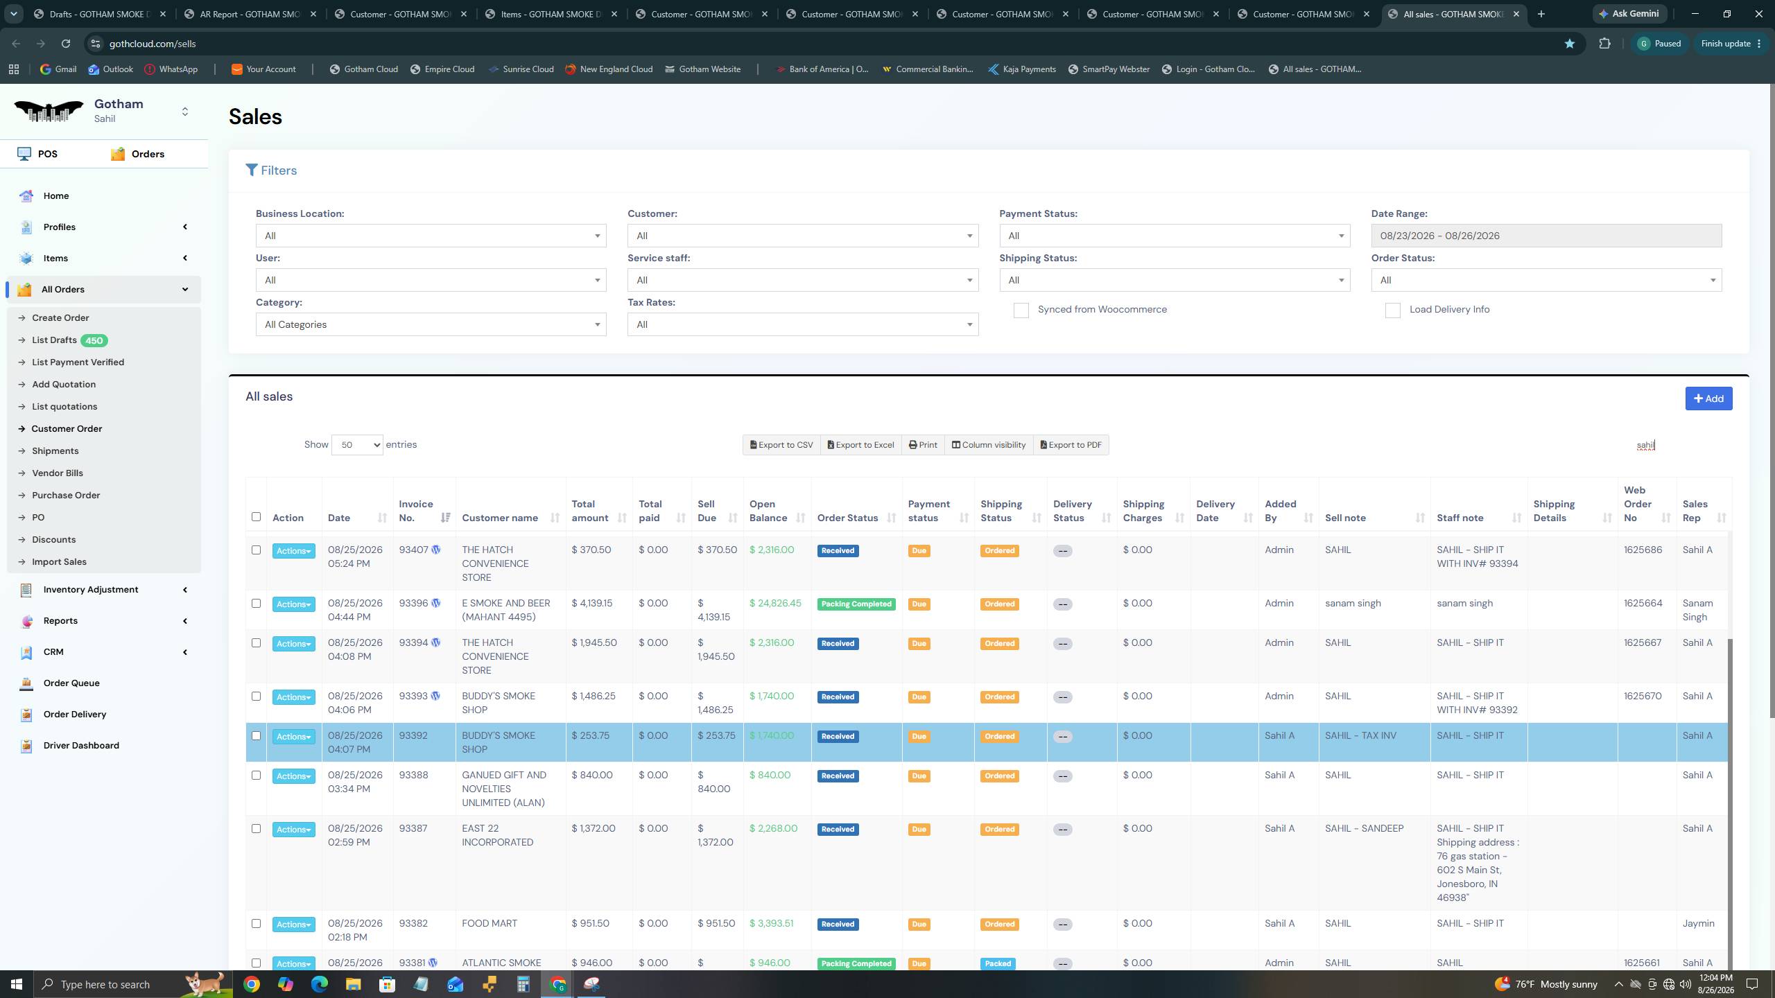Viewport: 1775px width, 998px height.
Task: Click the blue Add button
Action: pyautogui.click(x=1708, y=399)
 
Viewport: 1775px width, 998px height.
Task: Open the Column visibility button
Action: pyautogui.click(x=989, y=445)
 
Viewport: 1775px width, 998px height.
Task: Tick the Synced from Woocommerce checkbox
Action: pyautogui.click(x=1021, y=310)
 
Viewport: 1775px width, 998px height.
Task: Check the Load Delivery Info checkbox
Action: pyautogui.click(x=1392, y=310)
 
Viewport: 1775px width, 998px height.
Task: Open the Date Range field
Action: pyautogui.click(x=1546, y=236)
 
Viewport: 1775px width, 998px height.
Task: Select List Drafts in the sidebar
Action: pyautogui.click(x=54, y=340)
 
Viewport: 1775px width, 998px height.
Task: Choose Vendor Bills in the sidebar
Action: pyautogui.click(x=58, y=473)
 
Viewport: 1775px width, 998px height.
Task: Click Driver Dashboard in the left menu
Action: pyautogui.click(x=81, y=746)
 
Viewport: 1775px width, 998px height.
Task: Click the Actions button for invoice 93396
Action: pyautogui.click(x=293, y=604)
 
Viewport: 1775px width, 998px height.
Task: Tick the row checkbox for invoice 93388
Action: pyautogui.click(x=256, y=776)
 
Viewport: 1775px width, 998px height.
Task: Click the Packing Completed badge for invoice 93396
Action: pyautogui.click(x=856, y=604)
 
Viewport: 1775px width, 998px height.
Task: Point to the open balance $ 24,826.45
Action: pyautogui.click(x=775, y=604)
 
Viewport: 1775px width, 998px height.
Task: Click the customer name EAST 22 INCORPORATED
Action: pyautogui.click(x=497, y=836)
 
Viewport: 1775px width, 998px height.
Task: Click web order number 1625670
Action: pyautogui.click(x=1643, y=697)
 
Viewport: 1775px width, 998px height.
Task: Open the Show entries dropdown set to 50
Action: pyautogui.click(x=357, y=445)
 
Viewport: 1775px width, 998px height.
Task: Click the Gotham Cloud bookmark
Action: pyautogui.click(x=363, y=69)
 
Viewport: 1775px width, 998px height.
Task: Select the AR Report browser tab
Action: pyautogui.click(x=250, y=14)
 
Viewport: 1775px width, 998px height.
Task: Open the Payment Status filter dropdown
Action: pyautogui.click(x=1175, y=236)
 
